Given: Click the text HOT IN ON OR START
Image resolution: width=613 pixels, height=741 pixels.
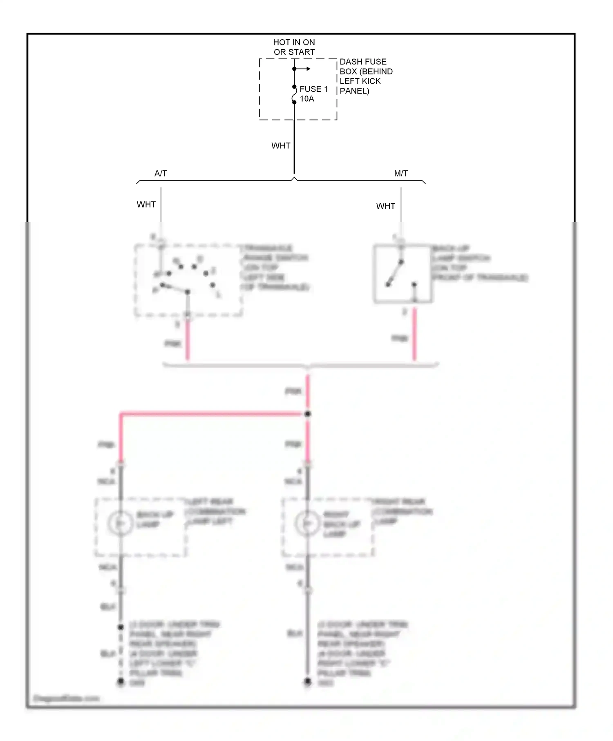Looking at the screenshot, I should coord(294,47).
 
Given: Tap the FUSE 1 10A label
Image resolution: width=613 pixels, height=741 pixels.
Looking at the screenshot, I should coord(313,94).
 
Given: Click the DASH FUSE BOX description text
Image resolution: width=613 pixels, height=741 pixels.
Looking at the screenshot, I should coord(366,76).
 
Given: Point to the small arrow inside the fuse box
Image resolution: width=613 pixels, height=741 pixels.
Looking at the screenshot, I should coord(304,69).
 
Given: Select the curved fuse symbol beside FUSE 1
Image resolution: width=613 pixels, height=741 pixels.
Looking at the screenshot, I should coord(294,95).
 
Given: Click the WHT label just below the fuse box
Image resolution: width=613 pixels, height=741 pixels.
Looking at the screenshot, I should coord(281,146).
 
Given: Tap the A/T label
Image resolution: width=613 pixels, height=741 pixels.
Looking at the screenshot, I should coord(161,174).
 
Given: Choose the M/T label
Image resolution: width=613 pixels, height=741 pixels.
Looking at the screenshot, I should coord(401,174).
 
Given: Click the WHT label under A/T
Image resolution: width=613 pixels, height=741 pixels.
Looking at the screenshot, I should coord(146,204).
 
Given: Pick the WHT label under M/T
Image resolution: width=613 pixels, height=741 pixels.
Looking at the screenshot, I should coord(385,206).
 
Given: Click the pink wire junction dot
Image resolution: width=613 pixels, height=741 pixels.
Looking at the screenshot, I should coord(308,414).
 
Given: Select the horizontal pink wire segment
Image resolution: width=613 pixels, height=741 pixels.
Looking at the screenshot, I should coord(213,414).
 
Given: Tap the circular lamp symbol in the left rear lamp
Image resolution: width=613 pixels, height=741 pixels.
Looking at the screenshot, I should coord(120,523).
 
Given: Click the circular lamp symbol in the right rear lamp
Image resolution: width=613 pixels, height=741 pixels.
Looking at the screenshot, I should coord(307,523).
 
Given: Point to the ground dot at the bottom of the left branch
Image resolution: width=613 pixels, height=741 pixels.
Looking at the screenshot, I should coord(121,681).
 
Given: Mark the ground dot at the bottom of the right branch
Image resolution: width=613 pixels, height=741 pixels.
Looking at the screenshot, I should coord(308,681).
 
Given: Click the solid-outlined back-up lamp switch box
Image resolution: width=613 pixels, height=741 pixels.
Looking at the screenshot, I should coord(403,274).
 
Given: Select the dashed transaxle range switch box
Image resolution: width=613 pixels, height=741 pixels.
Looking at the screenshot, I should coord(188,280).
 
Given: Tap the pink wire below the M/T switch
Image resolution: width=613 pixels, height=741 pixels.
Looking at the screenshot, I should coord(414,335).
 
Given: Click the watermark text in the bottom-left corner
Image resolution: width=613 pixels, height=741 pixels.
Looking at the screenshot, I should coord(66,699).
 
